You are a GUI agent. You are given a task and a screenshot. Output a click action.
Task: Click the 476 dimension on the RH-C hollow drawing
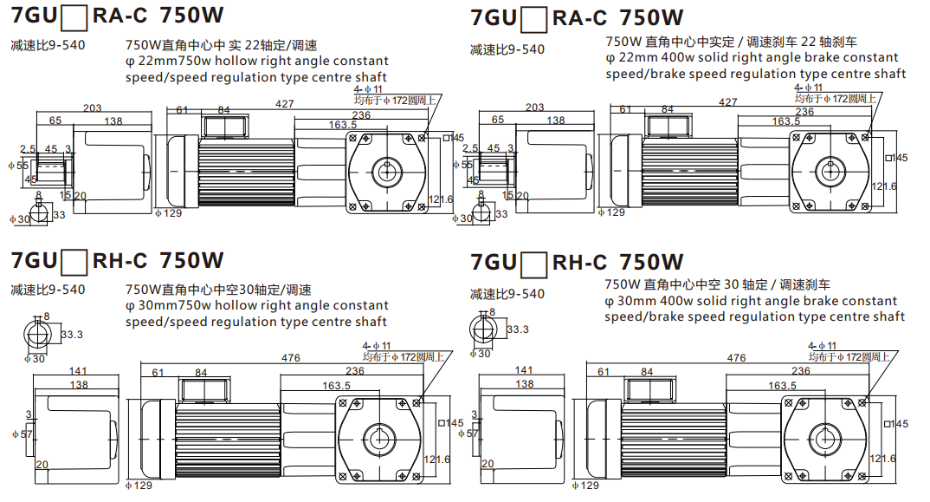pos(290,358)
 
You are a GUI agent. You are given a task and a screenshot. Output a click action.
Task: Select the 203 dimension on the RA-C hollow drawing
pos(93,108)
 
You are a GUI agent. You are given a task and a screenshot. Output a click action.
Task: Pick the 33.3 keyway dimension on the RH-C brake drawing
pos(518,329)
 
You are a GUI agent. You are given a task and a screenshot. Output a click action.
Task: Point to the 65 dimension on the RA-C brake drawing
pos(498,120)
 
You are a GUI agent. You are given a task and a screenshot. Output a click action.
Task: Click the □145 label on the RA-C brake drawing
pos(897,158)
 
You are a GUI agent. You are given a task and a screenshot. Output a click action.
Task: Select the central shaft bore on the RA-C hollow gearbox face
pos(386,170)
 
